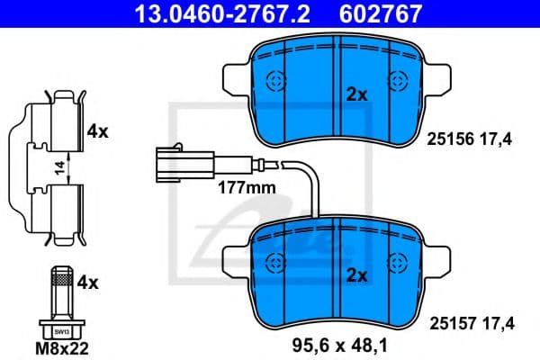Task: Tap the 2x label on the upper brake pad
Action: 357,93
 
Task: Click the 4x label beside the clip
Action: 97,130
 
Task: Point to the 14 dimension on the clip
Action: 57,165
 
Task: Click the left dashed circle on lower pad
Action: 275,264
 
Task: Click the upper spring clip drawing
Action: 54,121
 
